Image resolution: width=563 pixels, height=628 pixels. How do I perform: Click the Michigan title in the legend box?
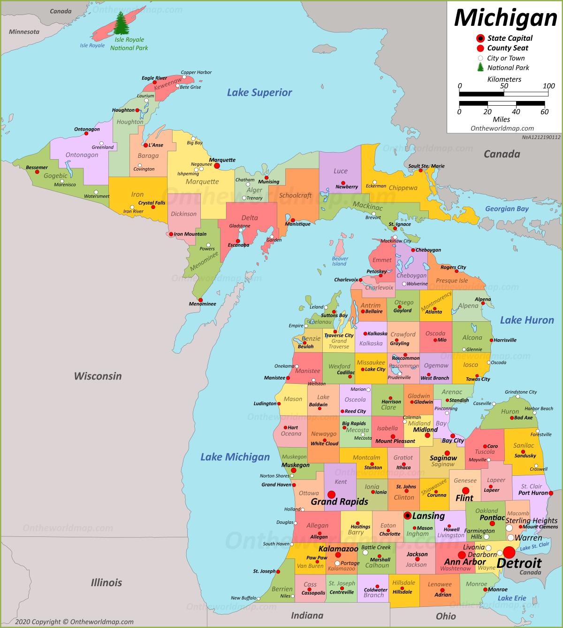pos(505,18)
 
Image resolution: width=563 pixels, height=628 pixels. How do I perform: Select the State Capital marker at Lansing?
pos(407,515)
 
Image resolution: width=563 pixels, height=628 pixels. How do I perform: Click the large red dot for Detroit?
pos(509,552)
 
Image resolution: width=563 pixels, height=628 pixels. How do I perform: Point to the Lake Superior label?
pos(259,93)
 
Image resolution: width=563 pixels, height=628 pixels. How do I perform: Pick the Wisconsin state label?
pos(98,376)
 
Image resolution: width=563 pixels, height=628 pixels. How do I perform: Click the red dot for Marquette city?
pos(217,166)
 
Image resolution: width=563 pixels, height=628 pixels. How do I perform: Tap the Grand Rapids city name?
pos(339,502)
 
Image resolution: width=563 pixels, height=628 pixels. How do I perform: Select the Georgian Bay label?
pos(507,209)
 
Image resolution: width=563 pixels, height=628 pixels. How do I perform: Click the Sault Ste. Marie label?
pos(426,166)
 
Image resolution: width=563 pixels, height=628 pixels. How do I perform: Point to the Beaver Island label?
pos(340,261)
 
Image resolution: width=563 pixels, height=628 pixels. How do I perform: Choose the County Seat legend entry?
pos(507,48)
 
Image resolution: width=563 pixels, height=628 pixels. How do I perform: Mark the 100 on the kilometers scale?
pos(548,86)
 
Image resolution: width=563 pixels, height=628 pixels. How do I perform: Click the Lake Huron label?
pos(526,320)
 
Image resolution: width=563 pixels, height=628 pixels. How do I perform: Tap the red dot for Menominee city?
pos(200,300)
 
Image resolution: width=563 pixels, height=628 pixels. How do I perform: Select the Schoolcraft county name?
pos(295,195)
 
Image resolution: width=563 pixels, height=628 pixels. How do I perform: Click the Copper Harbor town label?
pos(196,72)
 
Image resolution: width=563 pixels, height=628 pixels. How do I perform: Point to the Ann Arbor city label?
pos(464,562)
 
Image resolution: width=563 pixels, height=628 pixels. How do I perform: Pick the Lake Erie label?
pos(511,598)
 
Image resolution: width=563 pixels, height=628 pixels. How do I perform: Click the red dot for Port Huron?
pos(551,493)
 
